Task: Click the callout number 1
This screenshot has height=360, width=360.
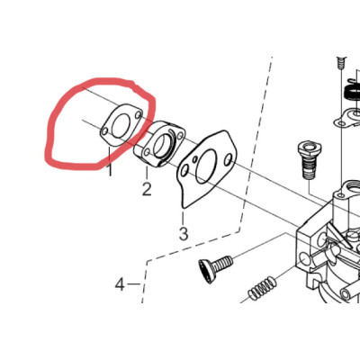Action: [x=110, y=170]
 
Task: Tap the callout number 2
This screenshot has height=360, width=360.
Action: [x=147, y=189]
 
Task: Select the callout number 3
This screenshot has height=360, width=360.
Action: [x=184, y=234]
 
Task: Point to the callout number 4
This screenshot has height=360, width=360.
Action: [x=120, y=284]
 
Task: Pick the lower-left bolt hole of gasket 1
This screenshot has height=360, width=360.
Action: [x=104, y=131]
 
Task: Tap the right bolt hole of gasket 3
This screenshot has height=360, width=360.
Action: [x=229, y=158]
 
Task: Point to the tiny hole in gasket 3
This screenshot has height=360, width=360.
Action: [x=195, y=158]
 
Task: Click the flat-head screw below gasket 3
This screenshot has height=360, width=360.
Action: [x=215, y=267]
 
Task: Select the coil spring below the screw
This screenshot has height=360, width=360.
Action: [x=262, y=288]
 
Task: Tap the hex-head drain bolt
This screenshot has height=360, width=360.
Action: [x=309, y=160]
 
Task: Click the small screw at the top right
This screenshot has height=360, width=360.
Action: [x=340, y=62]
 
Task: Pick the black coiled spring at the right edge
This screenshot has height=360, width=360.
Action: [x=353, y=93]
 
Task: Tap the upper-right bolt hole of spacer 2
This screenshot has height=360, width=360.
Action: [x=179, y=135]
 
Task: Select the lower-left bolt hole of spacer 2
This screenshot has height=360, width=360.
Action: [x=147, y=152]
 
